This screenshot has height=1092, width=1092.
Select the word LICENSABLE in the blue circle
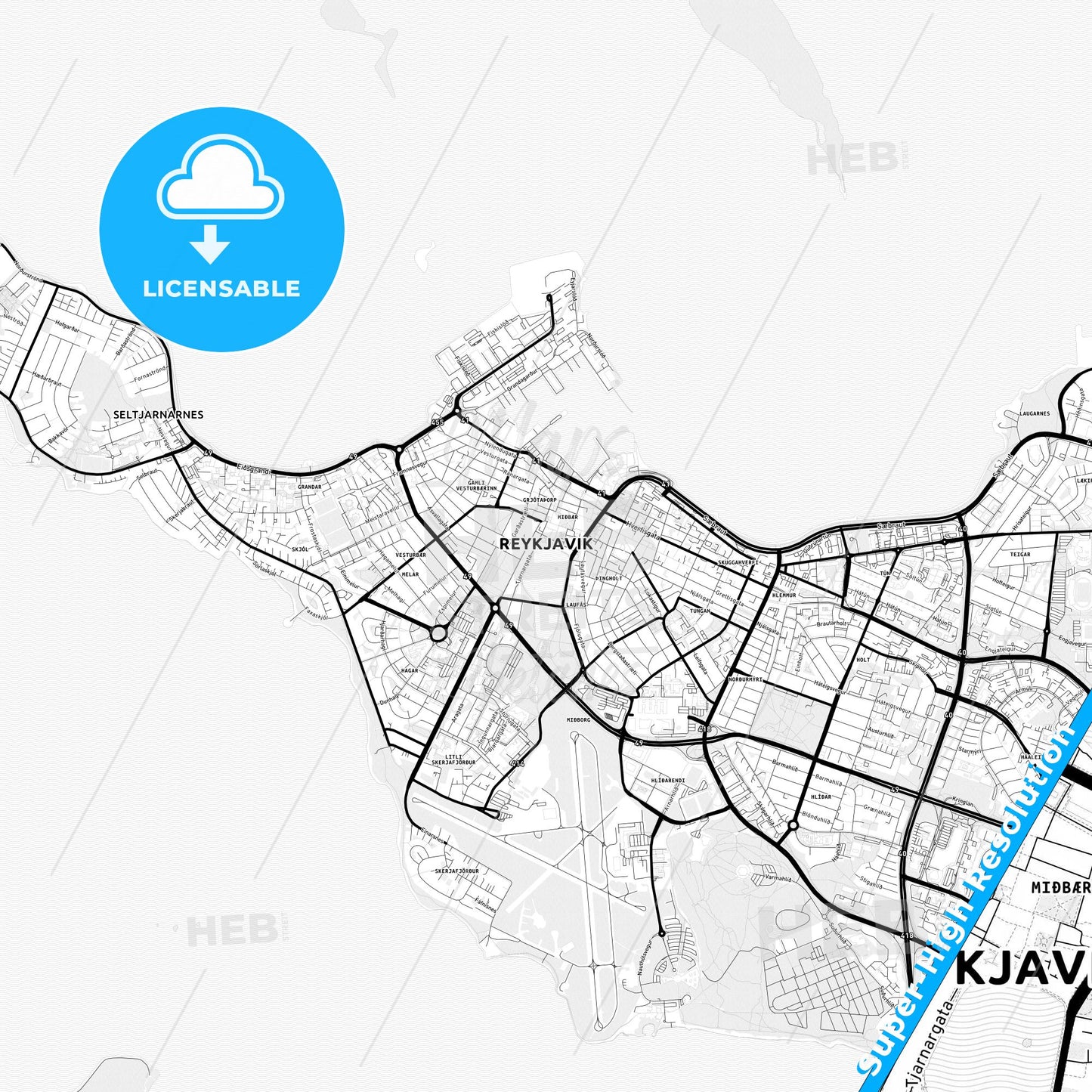click(221, 289)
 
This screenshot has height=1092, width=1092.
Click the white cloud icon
click(220, 179)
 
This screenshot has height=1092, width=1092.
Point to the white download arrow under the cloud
click(210, 243)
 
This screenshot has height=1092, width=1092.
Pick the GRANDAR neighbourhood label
click(310, 487)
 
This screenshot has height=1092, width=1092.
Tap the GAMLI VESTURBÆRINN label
click(476, 485)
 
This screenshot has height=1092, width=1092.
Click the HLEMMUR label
click(784, 595)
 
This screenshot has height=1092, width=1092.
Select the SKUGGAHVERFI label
click(738, 562)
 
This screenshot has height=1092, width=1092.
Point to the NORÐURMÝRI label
click(745, 679)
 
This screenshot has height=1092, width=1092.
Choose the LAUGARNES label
click(1035, 413)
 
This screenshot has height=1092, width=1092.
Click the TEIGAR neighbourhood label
click(1019, 554)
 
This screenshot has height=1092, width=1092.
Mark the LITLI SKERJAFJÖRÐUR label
click(453, 759)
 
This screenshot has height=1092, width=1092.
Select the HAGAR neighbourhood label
click(410, 670)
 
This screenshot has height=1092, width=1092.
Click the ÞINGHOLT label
click(609, 578)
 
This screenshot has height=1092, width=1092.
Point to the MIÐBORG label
click(578, 719)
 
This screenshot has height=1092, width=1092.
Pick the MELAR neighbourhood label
click(410, 574)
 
